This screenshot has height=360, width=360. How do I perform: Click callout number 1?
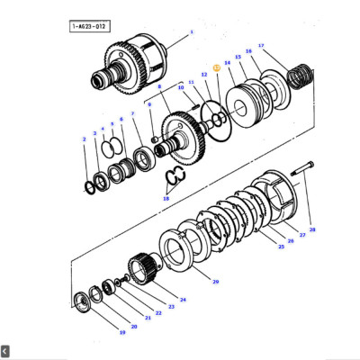191,32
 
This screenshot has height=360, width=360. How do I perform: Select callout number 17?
261,45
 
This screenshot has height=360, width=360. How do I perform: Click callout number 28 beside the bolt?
312,230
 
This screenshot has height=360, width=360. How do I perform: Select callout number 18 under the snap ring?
166,198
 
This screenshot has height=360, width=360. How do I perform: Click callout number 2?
85,139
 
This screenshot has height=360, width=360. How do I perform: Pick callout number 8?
159,86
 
